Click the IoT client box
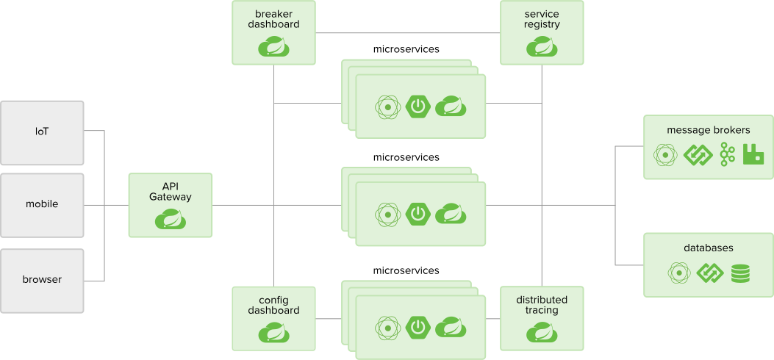(x=42, y=132)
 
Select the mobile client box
(x=42, y=204)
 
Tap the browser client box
(x=42, y=279)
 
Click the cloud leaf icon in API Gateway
(x=171, y=219)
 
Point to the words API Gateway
(x=171, y=191)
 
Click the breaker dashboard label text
(x=273, y=19)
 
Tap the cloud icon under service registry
(x=542, y=47)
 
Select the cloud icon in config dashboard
(x=273, y=333)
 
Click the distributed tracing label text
(x=542, y=305)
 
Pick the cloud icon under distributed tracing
(x=542, y=333)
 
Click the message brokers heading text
(x=708, y=130)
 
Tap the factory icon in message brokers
(x=753, y=155)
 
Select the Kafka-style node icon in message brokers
(x=728, y=155)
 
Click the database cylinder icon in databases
(x=740, y=273)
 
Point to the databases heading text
(x=708, y=248)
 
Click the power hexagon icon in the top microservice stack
(x=418, y=107)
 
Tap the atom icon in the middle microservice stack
(x=387, y=214)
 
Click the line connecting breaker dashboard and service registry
(x=408, y=33)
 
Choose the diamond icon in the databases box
(x=710, y=273)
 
